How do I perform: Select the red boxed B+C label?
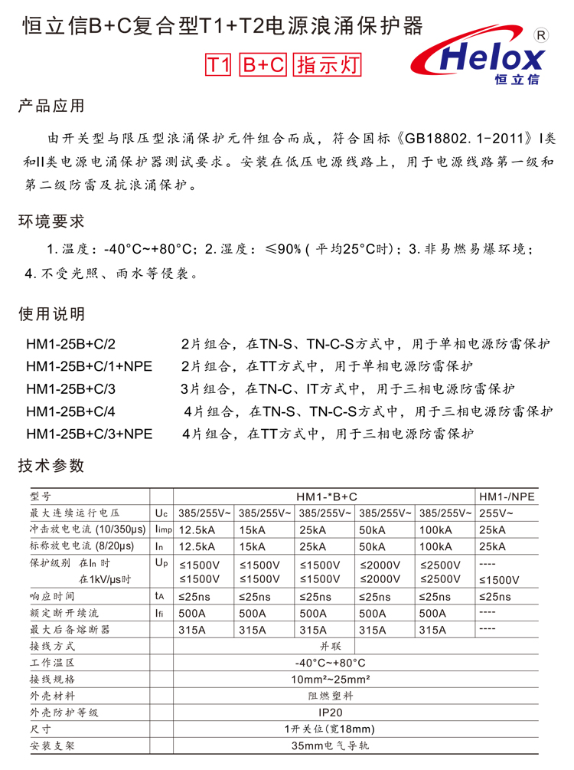263,65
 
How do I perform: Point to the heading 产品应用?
51,106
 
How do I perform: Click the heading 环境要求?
51,221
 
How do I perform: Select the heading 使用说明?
51,314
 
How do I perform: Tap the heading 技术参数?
51,466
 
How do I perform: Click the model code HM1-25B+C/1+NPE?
89,366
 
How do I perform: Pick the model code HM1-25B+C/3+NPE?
89,434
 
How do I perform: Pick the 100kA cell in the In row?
436,547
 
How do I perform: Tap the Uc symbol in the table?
161,513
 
